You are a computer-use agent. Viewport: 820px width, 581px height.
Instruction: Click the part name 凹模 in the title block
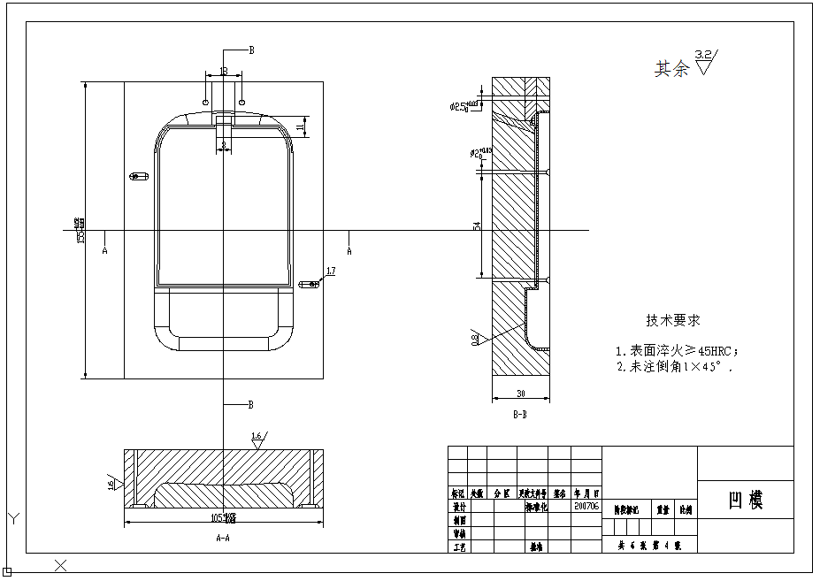click(x=745, y=501)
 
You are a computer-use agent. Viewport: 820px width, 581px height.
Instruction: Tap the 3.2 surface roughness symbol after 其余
click(x=705, y=62)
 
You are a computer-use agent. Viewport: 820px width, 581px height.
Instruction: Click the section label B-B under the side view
click(x=520, y=413)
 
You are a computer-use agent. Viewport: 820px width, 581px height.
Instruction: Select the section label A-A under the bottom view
click(x=223, y=537)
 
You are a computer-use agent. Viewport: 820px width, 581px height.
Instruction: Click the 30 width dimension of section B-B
click(x=520, y=394)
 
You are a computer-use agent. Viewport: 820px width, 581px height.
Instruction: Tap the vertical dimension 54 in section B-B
click(x=477, y=226)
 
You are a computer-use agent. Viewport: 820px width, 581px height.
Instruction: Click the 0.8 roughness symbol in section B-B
click(x=475, y=338)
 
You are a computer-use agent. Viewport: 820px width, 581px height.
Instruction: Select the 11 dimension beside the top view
click(x=301, y=127)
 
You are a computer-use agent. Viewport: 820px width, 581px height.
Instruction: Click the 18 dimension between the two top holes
click(x=223, y=71)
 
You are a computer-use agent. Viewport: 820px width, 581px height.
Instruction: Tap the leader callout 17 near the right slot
click(x=331, y=271)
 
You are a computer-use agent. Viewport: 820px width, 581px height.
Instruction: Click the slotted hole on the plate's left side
click(x=135, y=175)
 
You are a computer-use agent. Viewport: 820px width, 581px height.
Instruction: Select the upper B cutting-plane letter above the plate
click(x=251, y=51)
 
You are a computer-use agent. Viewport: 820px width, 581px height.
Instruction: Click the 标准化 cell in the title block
click(x=537, y=507)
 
